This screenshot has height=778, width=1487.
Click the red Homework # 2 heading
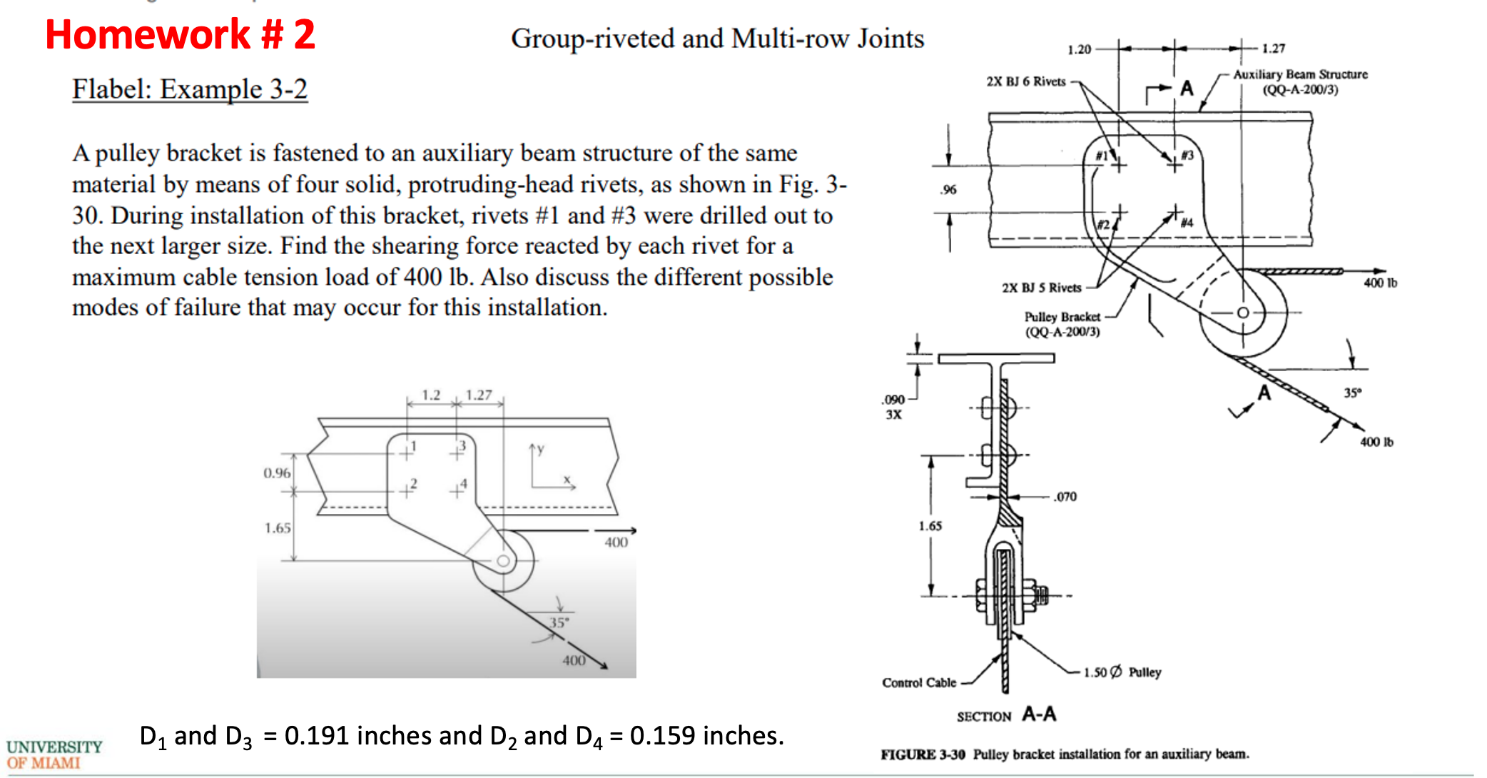(x=180, y=34)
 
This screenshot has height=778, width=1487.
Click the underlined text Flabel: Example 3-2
(x=190, y=89)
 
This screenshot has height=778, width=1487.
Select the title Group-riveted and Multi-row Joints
(x=717, y=39)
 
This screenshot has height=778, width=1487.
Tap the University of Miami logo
(x=54, y=754)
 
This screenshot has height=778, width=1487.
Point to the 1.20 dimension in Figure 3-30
(x=1079, y=49)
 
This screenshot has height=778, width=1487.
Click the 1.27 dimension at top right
(x=1273, y=49)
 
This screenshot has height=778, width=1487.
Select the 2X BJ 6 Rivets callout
(x=1025, y=81)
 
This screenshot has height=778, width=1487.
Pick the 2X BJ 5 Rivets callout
(x=1041, y=288)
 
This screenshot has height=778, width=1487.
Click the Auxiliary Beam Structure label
(x=1300, y=74)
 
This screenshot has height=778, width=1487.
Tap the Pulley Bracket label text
(x=1062, y=317)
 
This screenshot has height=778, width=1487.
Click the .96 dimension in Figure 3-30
(x=948, y=190)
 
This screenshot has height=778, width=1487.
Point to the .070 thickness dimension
(x=1065, y=497)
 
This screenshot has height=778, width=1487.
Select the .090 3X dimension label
(x=893, y=407)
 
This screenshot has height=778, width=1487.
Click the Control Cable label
(x=919, y=683)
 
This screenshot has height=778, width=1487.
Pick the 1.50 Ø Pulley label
(x=1122, y=672)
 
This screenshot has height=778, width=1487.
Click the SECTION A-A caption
(x=1006, y=715)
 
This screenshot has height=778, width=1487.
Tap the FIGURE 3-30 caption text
(x=1064, y=754)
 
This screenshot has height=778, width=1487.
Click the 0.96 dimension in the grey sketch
(x=277, y=473)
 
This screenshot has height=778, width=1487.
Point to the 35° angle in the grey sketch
(x=559, y=622)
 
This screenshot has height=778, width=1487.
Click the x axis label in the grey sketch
(x=567, y=480)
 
